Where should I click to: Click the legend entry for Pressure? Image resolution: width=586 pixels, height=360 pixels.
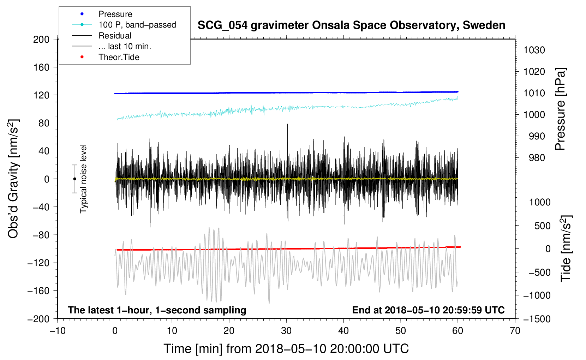(115, 14)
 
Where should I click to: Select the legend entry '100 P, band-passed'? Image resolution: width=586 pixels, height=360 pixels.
(137, 25)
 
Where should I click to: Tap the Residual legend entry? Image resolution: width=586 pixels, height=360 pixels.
(115, 36)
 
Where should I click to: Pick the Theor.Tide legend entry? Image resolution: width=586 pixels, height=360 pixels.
(119, 57)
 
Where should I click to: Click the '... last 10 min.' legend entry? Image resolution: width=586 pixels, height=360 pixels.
(125, 46)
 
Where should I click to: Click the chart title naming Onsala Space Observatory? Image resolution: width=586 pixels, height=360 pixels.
(351, 25)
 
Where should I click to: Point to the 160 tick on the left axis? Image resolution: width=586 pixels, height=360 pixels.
(41, 67)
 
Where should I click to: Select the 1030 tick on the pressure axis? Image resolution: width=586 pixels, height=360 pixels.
(534, 50)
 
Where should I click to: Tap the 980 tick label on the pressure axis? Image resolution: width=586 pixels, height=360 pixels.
(537, 158)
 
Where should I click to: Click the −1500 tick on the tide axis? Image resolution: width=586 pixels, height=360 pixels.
(537, 319)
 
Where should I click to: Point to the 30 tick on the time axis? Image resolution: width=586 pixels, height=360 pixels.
(286, 331)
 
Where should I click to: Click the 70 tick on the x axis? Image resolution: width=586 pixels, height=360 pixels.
(515, 331)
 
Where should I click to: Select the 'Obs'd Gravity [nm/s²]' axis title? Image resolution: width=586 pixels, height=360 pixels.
(13, 179)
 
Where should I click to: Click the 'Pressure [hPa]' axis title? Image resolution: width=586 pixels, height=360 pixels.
(560, 109)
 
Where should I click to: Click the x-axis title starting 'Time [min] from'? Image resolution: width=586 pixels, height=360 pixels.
(286, 349)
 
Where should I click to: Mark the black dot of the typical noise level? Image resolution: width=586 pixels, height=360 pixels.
(74, 179)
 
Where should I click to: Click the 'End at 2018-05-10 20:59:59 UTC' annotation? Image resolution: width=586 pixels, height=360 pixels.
(428, 310)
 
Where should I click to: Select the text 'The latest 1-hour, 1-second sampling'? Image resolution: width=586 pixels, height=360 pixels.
(157, 310)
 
